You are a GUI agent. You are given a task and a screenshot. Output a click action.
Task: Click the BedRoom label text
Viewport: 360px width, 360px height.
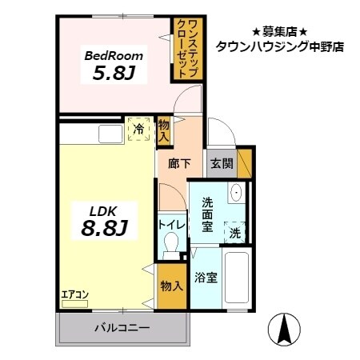114,56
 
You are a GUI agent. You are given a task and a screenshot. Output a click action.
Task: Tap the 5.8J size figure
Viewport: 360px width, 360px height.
114,75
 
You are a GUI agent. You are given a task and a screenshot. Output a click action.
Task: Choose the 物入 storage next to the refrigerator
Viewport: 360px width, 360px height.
163,130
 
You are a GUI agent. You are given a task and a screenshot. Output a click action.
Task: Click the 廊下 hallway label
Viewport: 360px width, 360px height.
179,165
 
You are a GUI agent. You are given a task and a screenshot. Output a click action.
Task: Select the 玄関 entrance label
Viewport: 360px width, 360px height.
222,165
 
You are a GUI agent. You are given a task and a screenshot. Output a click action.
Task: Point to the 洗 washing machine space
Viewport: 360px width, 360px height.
235,233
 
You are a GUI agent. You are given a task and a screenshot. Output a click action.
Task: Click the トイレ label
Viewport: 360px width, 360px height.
172,226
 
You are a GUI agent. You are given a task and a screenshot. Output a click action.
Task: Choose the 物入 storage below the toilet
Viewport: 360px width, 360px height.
172,286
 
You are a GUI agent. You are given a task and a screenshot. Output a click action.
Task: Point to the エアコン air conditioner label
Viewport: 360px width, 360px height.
75,294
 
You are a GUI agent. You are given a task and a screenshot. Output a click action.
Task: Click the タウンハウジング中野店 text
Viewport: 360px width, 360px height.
279,46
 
